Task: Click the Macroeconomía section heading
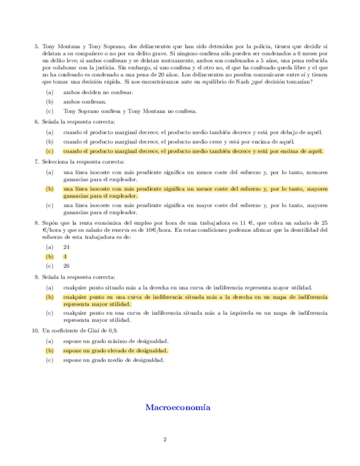click(x=178, y=408)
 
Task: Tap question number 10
click(x=35, y=331)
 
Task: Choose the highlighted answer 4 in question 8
click(x=65, y=257)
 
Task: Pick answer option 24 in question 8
click(x=67, y=247)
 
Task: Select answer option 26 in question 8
click(x=67, y=266)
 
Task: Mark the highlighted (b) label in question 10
click(x=50, y=351)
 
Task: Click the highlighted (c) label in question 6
click(x=50, y=151)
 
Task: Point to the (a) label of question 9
click(x=50, y=287)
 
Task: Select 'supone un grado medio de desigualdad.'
click(x=114, y=360)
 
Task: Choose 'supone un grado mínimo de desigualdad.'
click(x=115, y=341)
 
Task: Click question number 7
click(x=36, y=162)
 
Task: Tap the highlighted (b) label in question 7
click(x=50, y=188)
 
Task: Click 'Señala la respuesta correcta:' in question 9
click(x=79, y=277)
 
